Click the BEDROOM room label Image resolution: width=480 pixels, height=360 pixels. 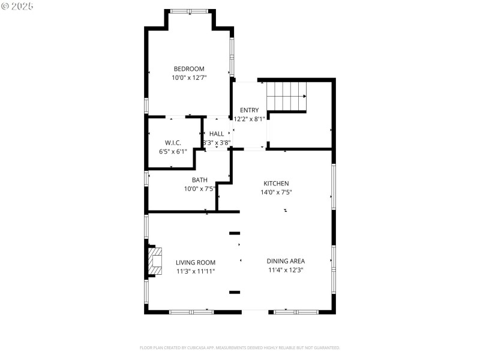click(x=189, y=68)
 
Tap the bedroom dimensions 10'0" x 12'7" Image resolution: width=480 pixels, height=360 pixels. click(x=189, y=77)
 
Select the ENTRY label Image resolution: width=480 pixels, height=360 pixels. click(x=249, y=110)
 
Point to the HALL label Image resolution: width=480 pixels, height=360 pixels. click(x=217, y=134)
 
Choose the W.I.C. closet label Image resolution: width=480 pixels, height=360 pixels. click(x=173, y=143)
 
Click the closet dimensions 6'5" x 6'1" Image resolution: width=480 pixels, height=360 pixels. click(x=173, y=152)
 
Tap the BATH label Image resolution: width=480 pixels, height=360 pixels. click(x=200, y=180)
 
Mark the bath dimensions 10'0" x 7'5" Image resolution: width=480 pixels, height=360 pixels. click(x=200, y=189)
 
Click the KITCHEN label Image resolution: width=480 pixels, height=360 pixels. click(x=277, y=184)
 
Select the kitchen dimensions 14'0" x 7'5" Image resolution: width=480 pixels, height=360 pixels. click(x=277, y=193)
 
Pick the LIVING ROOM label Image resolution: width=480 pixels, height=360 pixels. click(x=196, y=262)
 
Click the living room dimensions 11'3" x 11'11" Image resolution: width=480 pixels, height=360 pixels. click(x=196, y=271)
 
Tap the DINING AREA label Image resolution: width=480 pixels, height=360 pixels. click(x=286, y=261)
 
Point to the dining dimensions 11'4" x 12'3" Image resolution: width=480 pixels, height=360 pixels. click(x=286, y=270)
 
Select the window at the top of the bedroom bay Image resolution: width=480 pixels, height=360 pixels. click(x=189, y=11)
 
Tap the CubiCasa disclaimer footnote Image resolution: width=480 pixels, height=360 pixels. click(x=240, y=347)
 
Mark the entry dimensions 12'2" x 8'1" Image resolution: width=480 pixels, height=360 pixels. click(x=250, y=119)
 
